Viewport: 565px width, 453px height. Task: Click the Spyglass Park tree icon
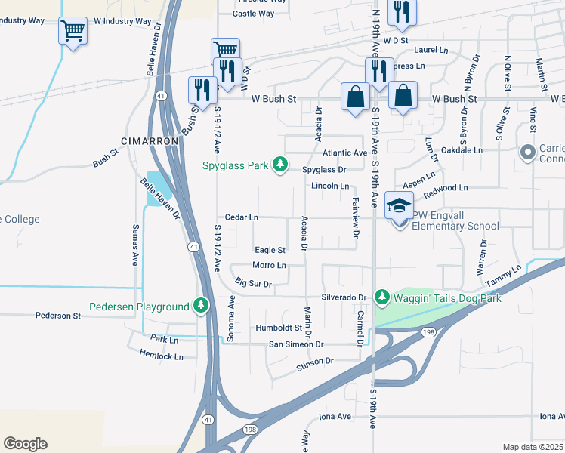(280, 165)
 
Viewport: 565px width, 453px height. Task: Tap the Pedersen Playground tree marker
(200, 306)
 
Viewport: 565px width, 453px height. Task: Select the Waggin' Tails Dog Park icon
(381, 297)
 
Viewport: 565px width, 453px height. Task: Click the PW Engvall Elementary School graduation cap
(399, 205)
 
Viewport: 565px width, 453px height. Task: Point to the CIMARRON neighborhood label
(150, 141)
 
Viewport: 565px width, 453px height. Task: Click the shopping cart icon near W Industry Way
(73, 31)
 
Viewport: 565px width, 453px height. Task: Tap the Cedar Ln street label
(242, 217)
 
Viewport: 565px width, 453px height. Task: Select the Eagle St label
(270, 250)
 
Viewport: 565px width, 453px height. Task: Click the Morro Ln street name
(269, 265)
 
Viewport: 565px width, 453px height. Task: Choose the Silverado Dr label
(344, 297)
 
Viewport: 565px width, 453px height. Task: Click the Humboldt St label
(278, 328)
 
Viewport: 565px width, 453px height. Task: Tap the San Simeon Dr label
(296, 344)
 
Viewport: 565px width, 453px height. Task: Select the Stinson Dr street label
(315, 362)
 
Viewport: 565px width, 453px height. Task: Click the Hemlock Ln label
(161, 356)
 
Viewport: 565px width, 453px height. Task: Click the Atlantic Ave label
(344, 153)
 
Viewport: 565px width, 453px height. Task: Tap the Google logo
(25, 444)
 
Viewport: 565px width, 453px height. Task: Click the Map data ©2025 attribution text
(532, 447)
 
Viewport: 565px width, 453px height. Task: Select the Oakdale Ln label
(462, 150)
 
